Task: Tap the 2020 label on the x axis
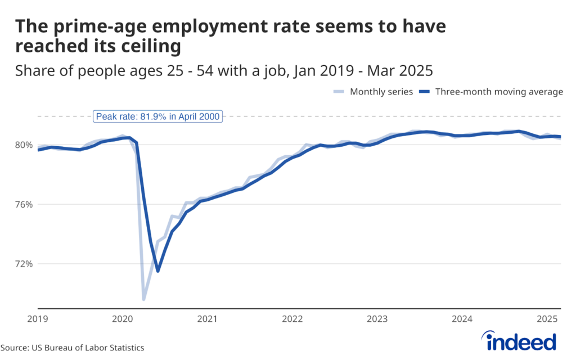tap(122, 319)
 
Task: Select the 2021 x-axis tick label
tap(207, 319)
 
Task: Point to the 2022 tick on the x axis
tap(292, 319)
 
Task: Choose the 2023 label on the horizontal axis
tap(377, 319)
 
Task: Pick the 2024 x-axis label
tap(462, 319)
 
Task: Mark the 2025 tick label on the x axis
tap(547, 319)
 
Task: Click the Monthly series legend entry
tap(373, 92)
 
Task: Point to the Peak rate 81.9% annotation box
tap(158, 116)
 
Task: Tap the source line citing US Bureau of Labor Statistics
tap(72, 348)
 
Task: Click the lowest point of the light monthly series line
tap(144, 299)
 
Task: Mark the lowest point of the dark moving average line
tap(158, 271)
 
